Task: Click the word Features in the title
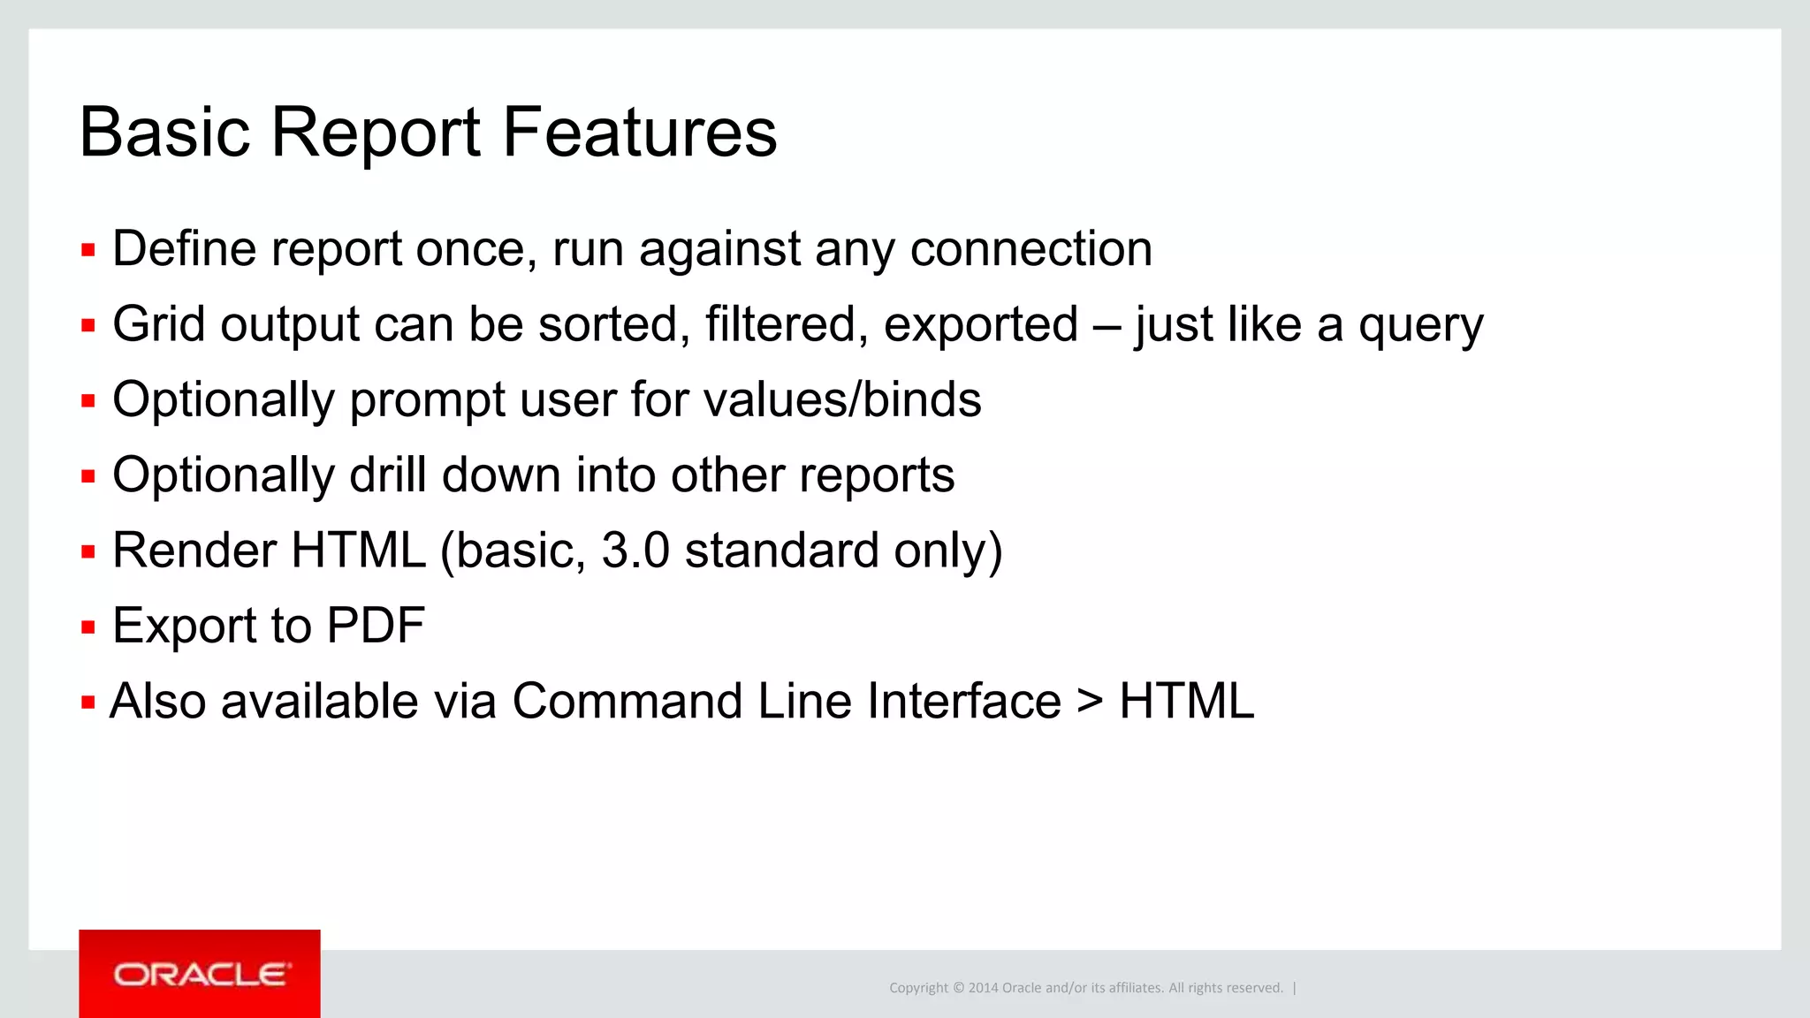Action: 640,133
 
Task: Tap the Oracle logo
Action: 200,974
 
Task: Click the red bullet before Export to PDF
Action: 87,628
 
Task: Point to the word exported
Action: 981,324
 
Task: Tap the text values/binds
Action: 842,399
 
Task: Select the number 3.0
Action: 635,551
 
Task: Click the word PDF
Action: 376,626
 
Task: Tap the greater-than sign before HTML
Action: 1090,703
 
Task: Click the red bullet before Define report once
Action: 87,251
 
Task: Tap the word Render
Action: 194,551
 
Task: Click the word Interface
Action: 963,702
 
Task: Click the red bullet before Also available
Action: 87,703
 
